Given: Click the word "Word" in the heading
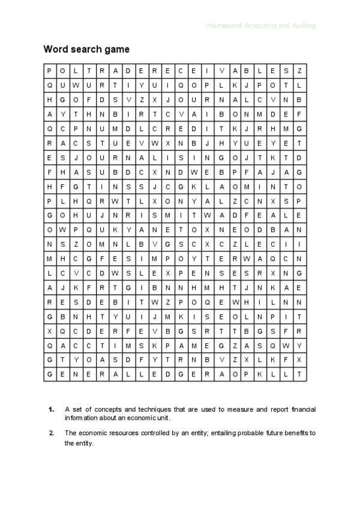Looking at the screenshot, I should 54,49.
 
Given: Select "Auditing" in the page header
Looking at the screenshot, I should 302,26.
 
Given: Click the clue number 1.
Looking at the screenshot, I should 52,409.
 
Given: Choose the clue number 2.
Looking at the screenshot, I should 52,432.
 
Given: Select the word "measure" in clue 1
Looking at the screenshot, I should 229,409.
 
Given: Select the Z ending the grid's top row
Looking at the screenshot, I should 299,70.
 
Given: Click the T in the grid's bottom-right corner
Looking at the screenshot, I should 299,373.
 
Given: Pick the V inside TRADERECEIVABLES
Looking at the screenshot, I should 220,70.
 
